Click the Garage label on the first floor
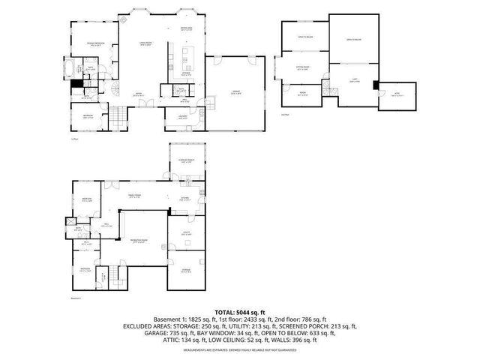(235, 92)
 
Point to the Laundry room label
(183, 118)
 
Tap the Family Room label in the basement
(135, 197)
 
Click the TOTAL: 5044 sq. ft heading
(239, 311)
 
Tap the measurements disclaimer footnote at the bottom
(239, 349)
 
